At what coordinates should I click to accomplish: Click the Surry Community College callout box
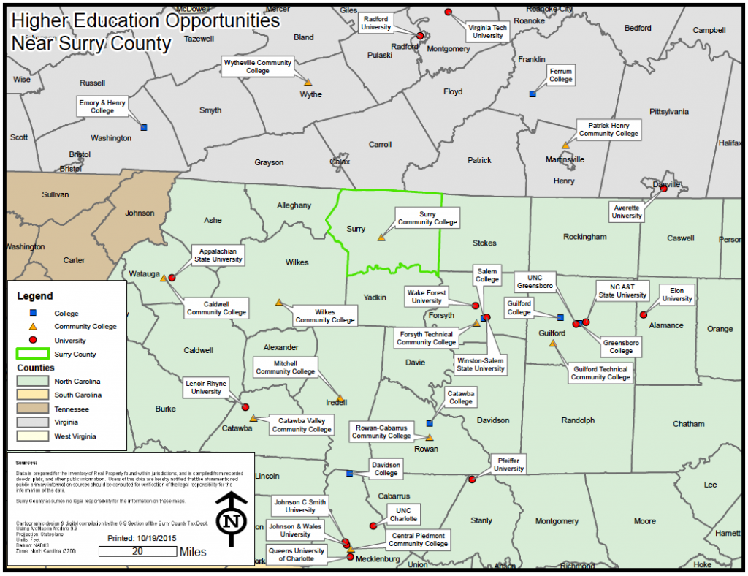coord(427,218)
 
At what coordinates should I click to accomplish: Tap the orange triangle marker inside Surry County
coord(381,238)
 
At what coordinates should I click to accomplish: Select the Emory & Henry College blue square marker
coord(143,127)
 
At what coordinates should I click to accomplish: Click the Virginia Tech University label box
coord(487,31)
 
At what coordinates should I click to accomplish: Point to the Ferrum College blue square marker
coord(533,94)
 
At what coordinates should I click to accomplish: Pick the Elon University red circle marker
coord(644,315)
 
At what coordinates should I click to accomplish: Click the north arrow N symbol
coord(232,520)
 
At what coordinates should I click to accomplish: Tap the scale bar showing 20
coord(137,552)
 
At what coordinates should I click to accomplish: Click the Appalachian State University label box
coord(218,255)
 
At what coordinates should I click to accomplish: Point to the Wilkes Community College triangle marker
coord(278,302)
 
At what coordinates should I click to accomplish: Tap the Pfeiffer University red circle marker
coord(472,480)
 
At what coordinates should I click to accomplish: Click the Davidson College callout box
coord(386,469)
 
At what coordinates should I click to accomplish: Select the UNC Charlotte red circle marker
coord(373,526)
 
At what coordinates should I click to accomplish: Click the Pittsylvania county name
coord(668,112)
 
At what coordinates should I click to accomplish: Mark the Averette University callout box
coord(627,212)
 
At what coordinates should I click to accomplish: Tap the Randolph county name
coord(578,420)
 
